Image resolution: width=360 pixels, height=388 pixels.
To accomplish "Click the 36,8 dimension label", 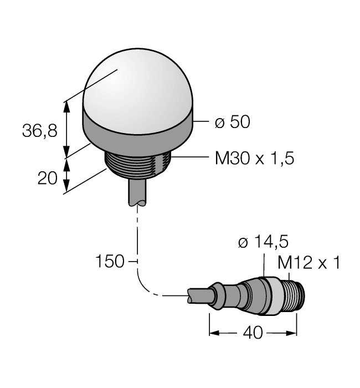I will pos(39,131).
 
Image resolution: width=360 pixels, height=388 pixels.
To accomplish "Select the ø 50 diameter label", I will pos(232,122).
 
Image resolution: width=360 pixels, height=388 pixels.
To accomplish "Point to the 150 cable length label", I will pos(110,261).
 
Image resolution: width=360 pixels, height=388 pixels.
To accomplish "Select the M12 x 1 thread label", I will pos(308,263).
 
